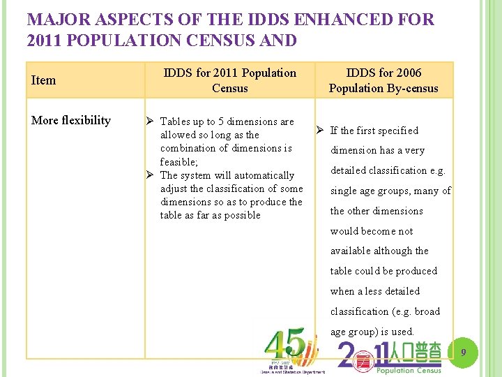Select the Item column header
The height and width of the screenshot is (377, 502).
coord(43,80)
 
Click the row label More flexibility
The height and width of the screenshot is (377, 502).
coord(71,120)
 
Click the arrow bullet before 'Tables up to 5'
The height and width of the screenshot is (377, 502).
coord(151,121)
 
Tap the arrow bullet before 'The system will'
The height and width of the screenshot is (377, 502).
coord(151,175)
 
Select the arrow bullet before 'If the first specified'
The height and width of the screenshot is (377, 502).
coord(320,131)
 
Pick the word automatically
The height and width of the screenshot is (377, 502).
coord(261,175)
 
